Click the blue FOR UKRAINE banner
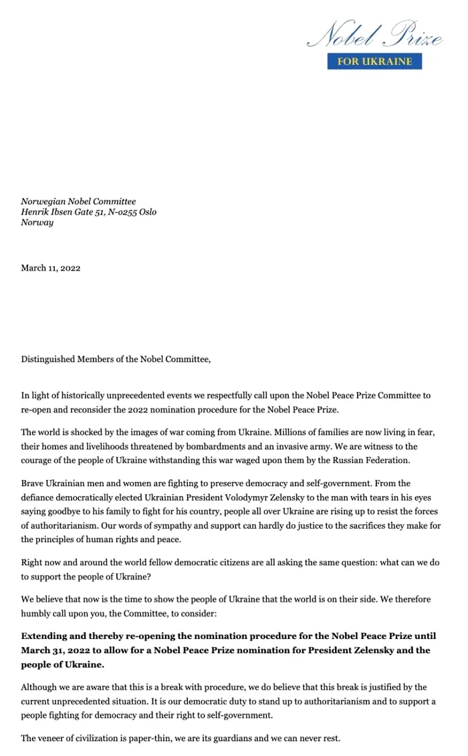click(374, 61)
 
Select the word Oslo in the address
click(148, 212)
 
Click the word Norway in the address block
click(37, 223)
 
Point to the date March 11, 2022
click(51, 268)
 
